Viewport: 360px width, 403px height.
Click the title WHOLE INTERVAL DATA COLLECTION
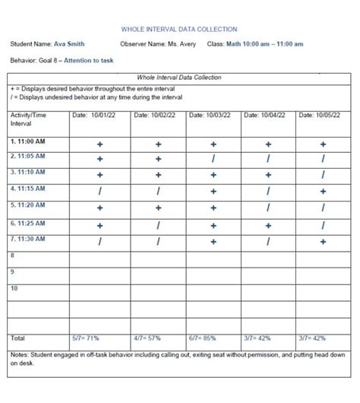(x=179, y=30)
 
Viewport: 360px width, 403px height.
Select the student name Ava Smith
(x=69, y=44)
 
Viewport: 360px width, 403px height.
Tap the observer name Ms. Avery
(x=182, y=44)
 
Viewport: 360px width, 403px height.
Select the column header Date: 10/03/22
(x=208, y=116)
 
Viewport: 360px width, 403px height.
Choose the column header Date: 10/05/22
(x=320, y=116)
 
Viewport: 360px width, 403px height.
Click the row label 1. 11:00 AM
(x=28, y=141)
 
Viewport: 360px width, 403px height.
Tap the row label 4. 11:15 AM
(x=28, y=188)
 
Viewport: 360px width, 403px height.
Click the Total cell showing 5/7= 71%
(x=86, y=338)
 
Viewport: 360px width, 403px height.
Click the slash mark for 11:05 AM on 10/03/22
(x=213, y=159)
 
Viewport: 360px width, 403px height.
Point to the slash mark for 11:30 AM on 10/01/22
(x=99, y=242)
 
